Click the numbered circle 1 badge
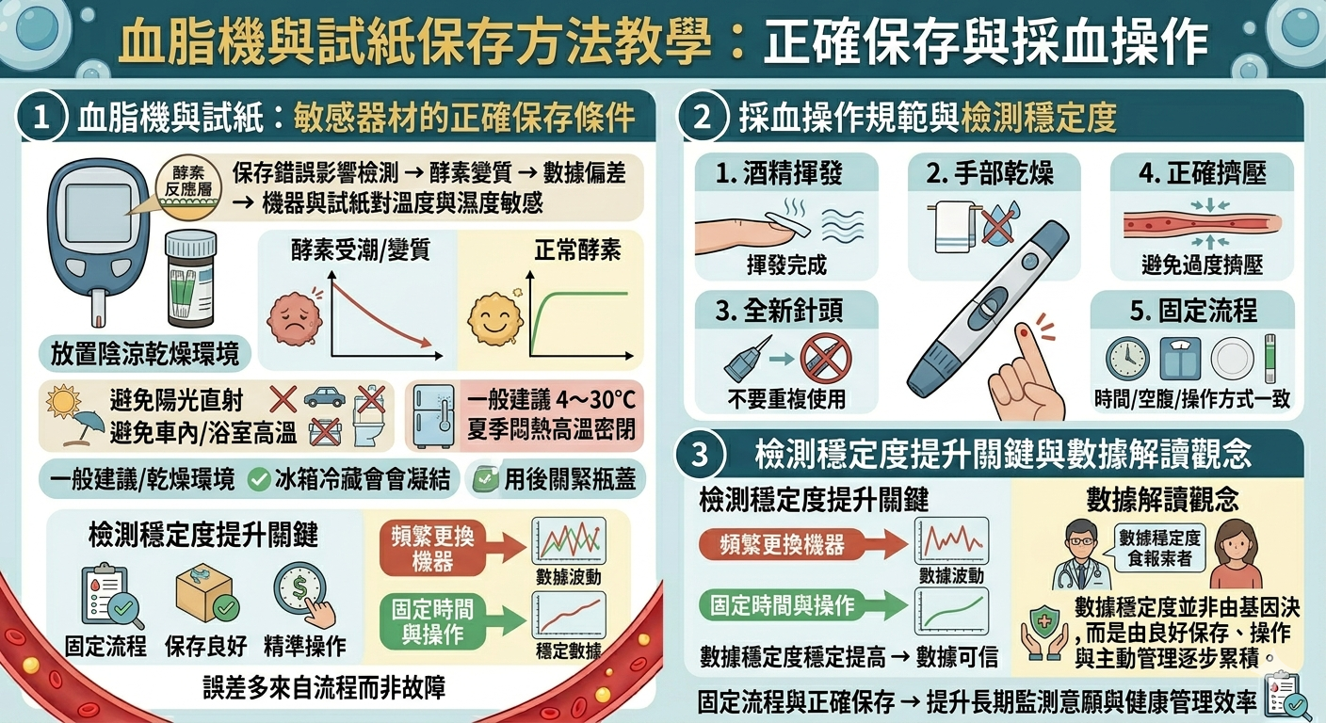click(x=41, y=117)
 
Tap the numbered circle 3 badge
click(x=701, y=455)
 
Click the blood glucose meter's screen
click(x=98, y=211)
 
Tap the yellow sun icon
click(x=63, y=402)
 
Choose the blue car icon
click(x=324, y=397)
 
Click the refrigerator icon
click(x=434, y=416)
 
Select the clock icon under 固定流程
click(x=1127, y=359)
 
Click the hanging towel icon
click(x=952, y=227)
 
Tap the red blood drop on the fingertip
click(x=1024, y=335)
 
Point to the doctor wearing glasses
click(x=1080, y=554)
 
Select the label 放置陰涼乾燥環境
click(x=145, y=354)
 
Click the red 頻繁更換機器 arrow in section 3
click(x=803, y=544)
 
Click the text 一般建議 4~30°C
click(x=551, y=400)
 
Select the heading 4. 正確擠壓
click(x=1203, y=173)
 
